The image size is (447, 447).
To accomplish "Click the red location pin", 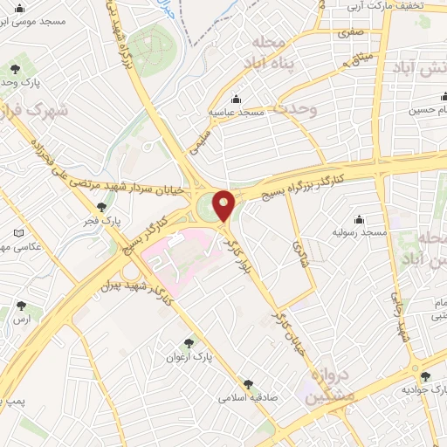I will (224, 204).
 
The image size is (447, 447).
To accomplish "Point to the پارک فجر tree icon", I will (103, 207).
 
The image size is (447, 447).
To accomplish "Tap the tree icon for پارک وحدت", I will (14, 68).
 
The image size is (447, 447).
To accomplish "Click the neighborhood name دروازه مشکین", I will (327, 382).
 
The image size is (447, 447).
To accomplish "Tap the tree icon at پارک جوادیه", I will (425, 376).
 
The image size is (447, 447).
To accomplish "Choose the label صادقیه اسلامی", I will (249, 395).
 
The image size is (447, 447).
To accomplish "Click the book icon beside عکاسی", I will (19, 233).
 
